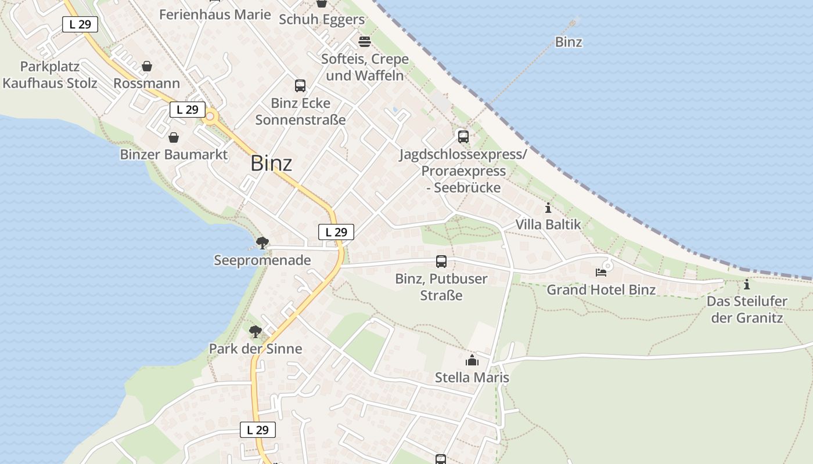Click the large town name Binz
(x=271, y=164)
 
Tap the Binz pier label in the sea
(x=569, y=42)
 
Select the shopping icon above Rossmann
(x=147, y=66)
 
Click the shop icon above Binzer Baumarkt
(x=173, y=137)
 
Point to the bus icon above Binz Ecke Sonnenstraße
(x=300, y=86)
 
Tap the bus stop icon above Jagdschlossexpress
(x=463, y=137)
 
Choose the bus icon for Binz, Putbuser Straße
(x=441, y=262)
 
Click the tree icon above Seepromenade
(x=262, y=242)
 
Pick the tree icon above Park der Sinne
(x=255, y=332)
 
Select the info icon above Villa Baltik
(x=548, y=208)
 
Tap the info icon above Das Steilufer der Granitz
(x=747, y=284)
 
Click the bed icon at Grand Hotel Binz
(x=601, y=272)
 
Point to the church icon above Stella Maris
(x=472, y=360)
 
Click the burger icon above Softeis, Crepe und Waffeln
(x=365, y=42)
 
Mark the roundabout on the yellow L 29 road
(x=210, y=117)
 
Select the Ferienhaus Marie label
(x=215, y=14)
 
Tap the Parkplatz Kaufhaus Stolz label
(x=50, y=75)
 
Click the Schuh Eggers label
(x=322, y=19)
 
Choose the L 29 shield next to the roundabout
(x=188, y=109)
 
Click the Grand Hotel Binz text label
(x=601, y=289)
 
